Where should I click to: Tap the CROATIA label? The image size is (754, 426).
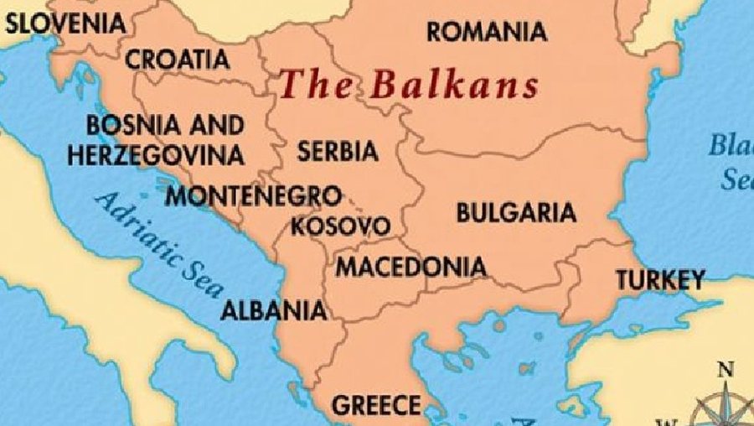[x=178, y=60]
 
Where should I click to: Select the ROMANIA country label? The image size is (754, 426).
[x=487, y=33]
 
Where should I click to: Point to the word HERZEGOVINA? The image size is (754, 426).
[x=157, y=155]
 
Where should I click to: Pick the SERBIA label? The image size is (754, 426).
[x=338, y=153]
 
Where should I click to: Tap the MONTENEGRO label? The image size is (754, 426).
[x=254, y=197]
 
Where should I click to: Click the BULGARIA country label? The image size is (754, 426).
[x=515, y=213]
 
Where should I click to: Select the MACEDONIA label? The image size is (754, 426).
[x=411, y=268]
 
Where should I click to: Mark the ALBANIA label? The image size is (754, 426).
[x=273, y=310]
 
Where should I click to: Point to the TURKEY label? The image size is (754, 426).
[x=660, y=280]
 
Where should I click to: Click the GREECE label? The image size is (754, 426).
[x=376, y=406]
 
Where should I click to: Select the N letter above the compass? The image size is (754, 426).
[x=726, y=370]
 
